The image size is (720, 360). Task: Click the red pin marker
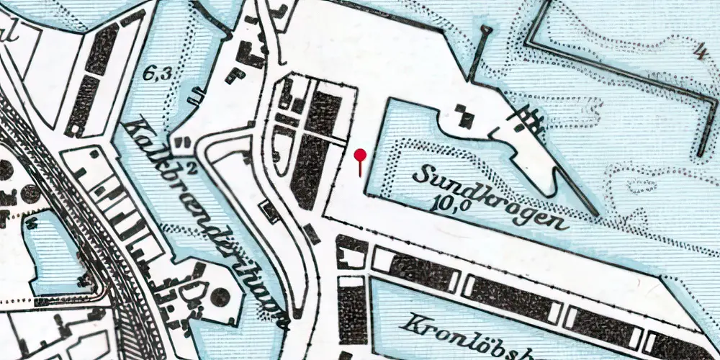coord(361,154)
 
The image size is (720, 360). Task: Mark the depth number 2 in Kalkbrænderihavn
coord(192,169)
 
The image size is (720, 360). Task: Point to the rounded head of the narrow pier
coord(487,30)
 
